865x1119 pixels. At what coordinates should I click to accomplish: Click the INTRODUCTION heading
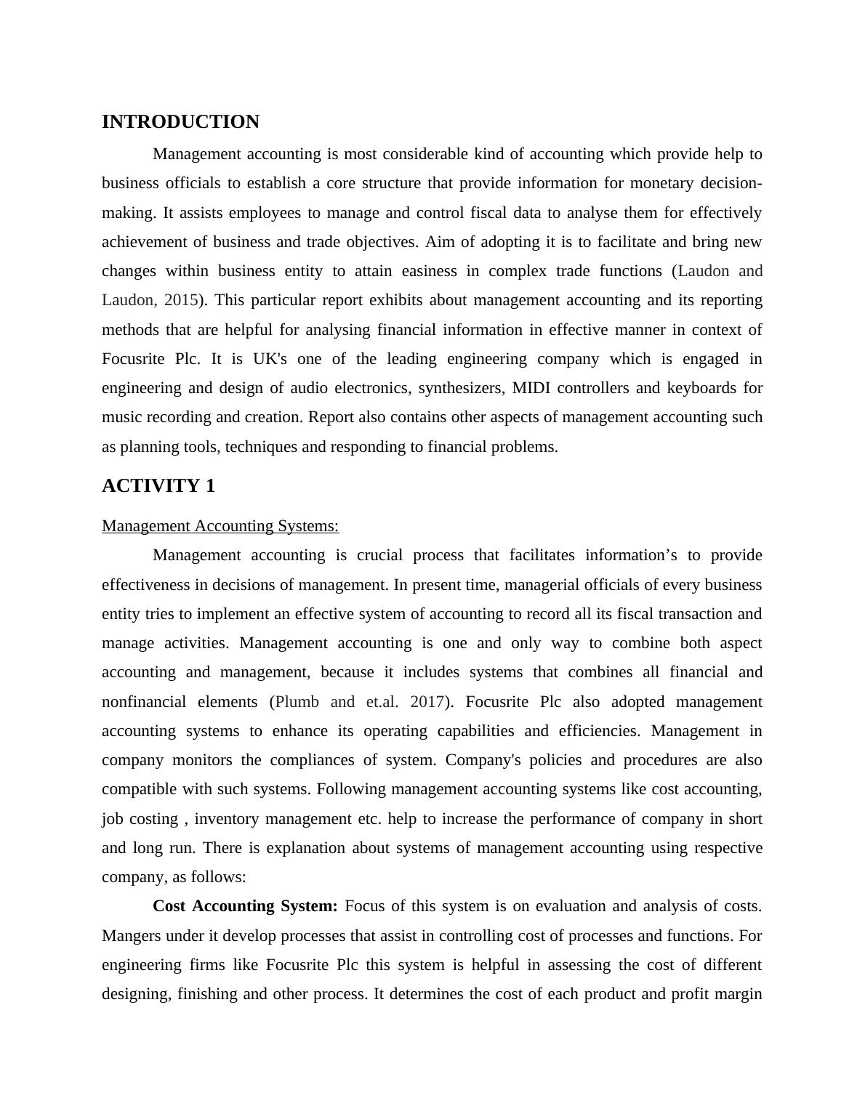(x=180, y=122)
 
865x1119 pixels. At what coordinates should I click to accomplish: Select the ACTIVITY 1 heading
(x=158, y=486)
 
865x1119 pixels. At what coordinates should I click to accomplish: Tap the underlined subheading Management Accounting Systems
(x=220, y=526)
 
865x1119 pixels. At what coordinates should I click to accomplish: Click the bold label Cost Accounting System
(x=245, y=906)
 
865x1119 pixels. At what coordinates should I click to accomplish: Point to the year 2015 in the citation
(x=181, y=300)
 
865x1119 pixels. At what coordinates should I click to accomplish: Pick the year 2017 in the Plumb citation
(x=427, y=702)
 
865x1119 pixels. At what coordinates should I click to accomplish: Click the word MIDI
(x=532, y=388)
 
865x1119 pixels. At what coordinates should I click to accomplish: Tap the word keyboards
(x=700, y=388)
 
